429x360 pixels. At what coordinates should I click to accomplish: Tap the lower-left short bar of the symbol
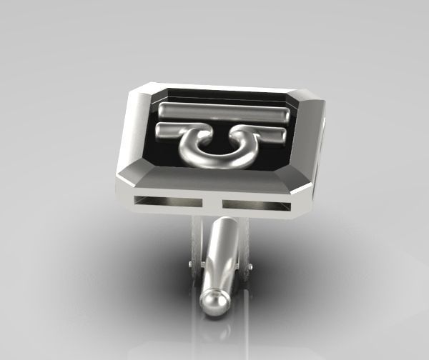point(172,131)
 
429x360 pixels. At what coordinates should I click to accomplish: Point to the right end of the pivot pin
point(250,267)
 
